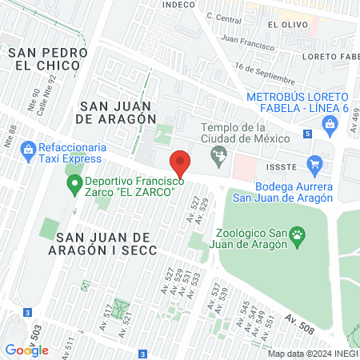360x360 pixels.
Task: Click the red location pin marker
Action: click(x=181, y=163)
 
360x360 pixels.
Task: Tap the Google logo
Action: click(x=26, y=350)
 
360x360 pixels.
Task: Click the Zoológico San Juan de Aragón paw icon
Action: click(x=298, y=234)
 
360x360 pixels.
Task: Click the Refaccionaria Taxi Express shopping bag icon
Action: click(x=28, y=148)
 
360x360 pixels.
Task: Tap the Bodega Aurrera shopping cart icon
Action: click(x=314, y=166)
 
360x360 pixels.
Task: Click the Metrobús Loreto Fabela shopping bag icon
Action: click(x=329, y=122)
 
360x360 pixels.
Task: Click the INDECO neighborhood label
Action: click(x=178, y=5)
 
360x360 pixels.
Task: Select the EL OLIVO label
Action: click(x=285, y=25)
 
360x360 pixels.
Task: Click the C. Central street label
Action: click(x=223, y=16)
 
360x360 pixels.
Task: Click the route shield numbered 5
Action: click(x=308, y=134)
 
